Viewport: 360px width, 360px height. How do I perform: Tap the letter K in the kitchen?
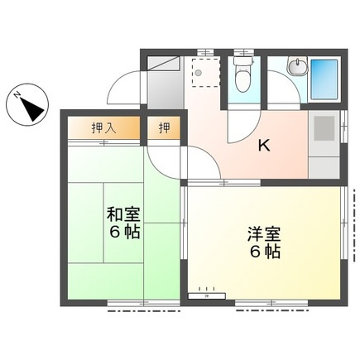coord(264,146)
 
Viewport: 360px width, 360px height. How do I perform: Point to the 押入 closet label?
coord(103,128)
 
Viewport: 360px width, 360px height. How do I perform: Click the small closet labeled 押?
coord(164,128)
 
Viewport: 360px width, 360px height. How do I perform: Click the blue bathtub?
coord(325,81)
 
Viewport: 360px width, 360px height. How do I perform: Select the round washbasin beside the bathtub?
coord(297,69)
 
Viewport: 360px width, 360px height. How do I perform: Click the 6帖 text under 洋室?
coord(262,252)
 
